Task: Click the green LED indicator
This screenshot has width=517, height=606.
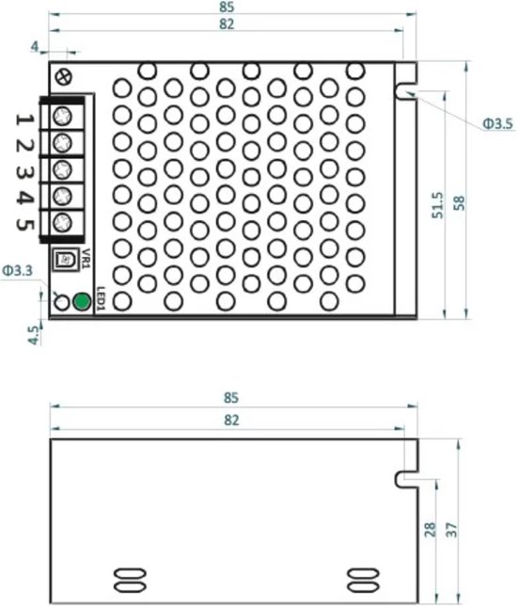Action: click(x=81, y=302)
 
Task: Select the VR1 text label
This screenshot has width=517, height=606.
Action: click(x=85, y=257)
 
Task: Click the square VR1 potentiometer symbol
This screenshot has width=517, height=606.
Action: click(x=64, y=257)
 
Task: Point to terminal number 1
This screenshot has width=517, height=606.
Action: click(x=24, y=118)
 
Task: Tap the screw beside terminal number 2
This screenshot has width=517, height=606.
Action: click(x=61, y=142)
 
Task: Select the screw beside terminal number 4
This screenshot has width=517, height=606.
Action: click(x=61, y=196)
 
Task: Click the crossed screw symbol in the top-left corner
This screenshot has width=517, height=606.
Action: click(x=63, y=76)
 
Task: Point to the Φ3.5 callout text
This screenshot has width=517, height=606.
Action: click(x=496, y=123)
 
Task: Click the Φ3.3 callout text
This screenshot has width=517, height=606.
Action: click(x=18, y=270)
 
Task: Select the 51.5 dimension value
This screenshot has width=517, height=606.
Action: click(x=437, y=206)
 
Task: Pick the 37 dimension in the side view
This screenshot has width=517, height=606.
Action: click(x=452, y=530)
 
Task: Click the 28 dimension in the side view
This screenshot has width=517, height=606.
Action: click(x=430, y=530)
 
